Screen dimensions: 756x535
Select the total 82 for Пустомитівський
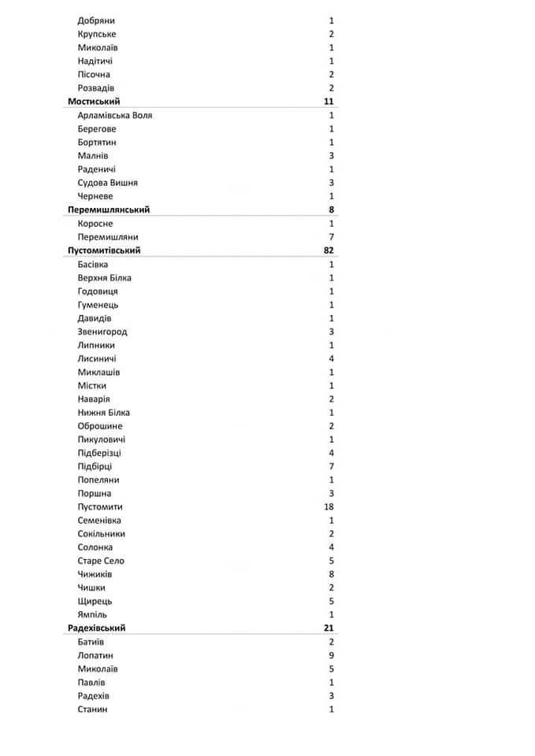click(329, 250)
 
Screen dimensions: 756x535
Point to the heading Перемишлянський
click(109, 209)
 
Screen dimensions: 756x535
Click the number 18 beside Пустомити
click(329, 506)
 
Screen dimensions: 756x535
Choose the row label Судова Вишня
click(108, 183)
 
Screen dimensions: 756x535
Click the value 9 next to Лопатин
click(332, 655)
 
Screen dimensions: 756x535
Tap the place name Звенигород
click(102, 332)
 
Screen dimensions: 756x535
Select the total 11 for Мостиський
click(329, 102)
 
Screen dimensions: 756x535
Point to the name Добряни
click(96, 20)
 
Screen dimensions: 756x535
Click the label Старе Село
click(101, 561)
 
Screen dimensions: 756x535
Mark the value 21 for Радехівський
click(329, 628)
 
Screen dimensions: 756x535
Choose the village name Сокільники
click(102, 534)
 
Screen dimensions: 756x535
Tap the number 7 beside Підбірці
click(332, 466)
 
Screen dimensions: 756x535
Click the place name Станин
click(93, 709)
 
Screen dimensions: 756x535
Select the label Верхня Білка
click(105, 278)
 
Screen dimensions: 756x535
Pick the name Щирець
click(94, 601)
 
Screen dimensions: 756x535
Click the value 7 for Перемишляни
click(332, 237)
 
